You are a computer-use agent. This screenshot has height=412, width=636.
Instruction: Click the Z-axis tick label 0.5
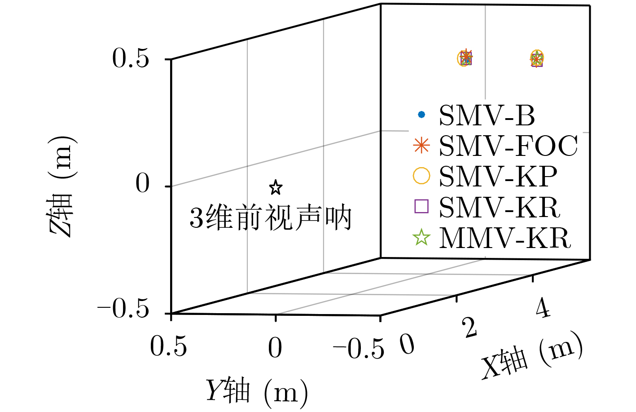[x=130, y=59]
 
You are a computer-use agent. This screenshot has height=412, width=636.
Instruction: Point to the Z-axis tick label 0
[x=143, y=184]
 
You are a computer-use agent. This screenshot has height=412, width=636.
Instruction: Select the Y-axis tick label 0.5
[x=168, y=347]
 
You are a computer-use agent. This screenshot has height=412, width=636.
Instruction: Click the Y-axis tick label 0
[x=275, y=348]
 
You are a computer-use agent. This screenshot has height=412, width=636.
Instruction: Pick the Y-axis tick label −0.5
[x=359, y=349]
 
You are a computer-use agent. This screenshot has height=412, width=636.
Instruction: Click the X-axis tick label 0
[x=407, y=345]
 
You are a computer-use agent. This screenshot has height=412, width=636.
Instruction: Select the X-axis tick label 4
[x=543, y=309]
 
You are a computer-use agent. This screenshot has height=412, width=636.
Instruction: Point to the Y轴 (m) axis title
[x=257, y=391]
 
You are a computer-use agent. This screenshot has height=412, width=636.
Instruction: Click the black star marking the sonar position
[x=276, y=187]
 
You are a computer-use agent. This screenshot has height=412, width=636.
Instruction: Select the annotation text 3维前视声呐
[x=271, y=218]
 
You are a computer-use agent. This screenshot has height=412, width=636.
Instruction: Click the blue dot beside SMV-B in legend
[x=421, y=115]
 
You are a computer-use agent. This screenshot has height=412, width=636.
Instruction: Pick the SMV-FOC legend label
[x=508, y=146]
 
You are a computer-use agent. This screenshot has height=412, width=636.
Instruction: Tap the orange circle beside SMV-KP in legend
[x=421, y=175]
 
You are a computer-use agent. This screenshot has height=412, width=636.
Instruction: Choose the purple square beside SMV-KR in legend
[x=421, y=206]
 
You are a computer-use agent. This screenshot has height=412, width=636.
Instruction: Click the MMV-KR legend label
[x=505, y=238]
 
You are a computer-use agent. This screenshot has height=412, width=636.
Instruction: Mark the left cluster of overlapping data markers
[x=465, y=58]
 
